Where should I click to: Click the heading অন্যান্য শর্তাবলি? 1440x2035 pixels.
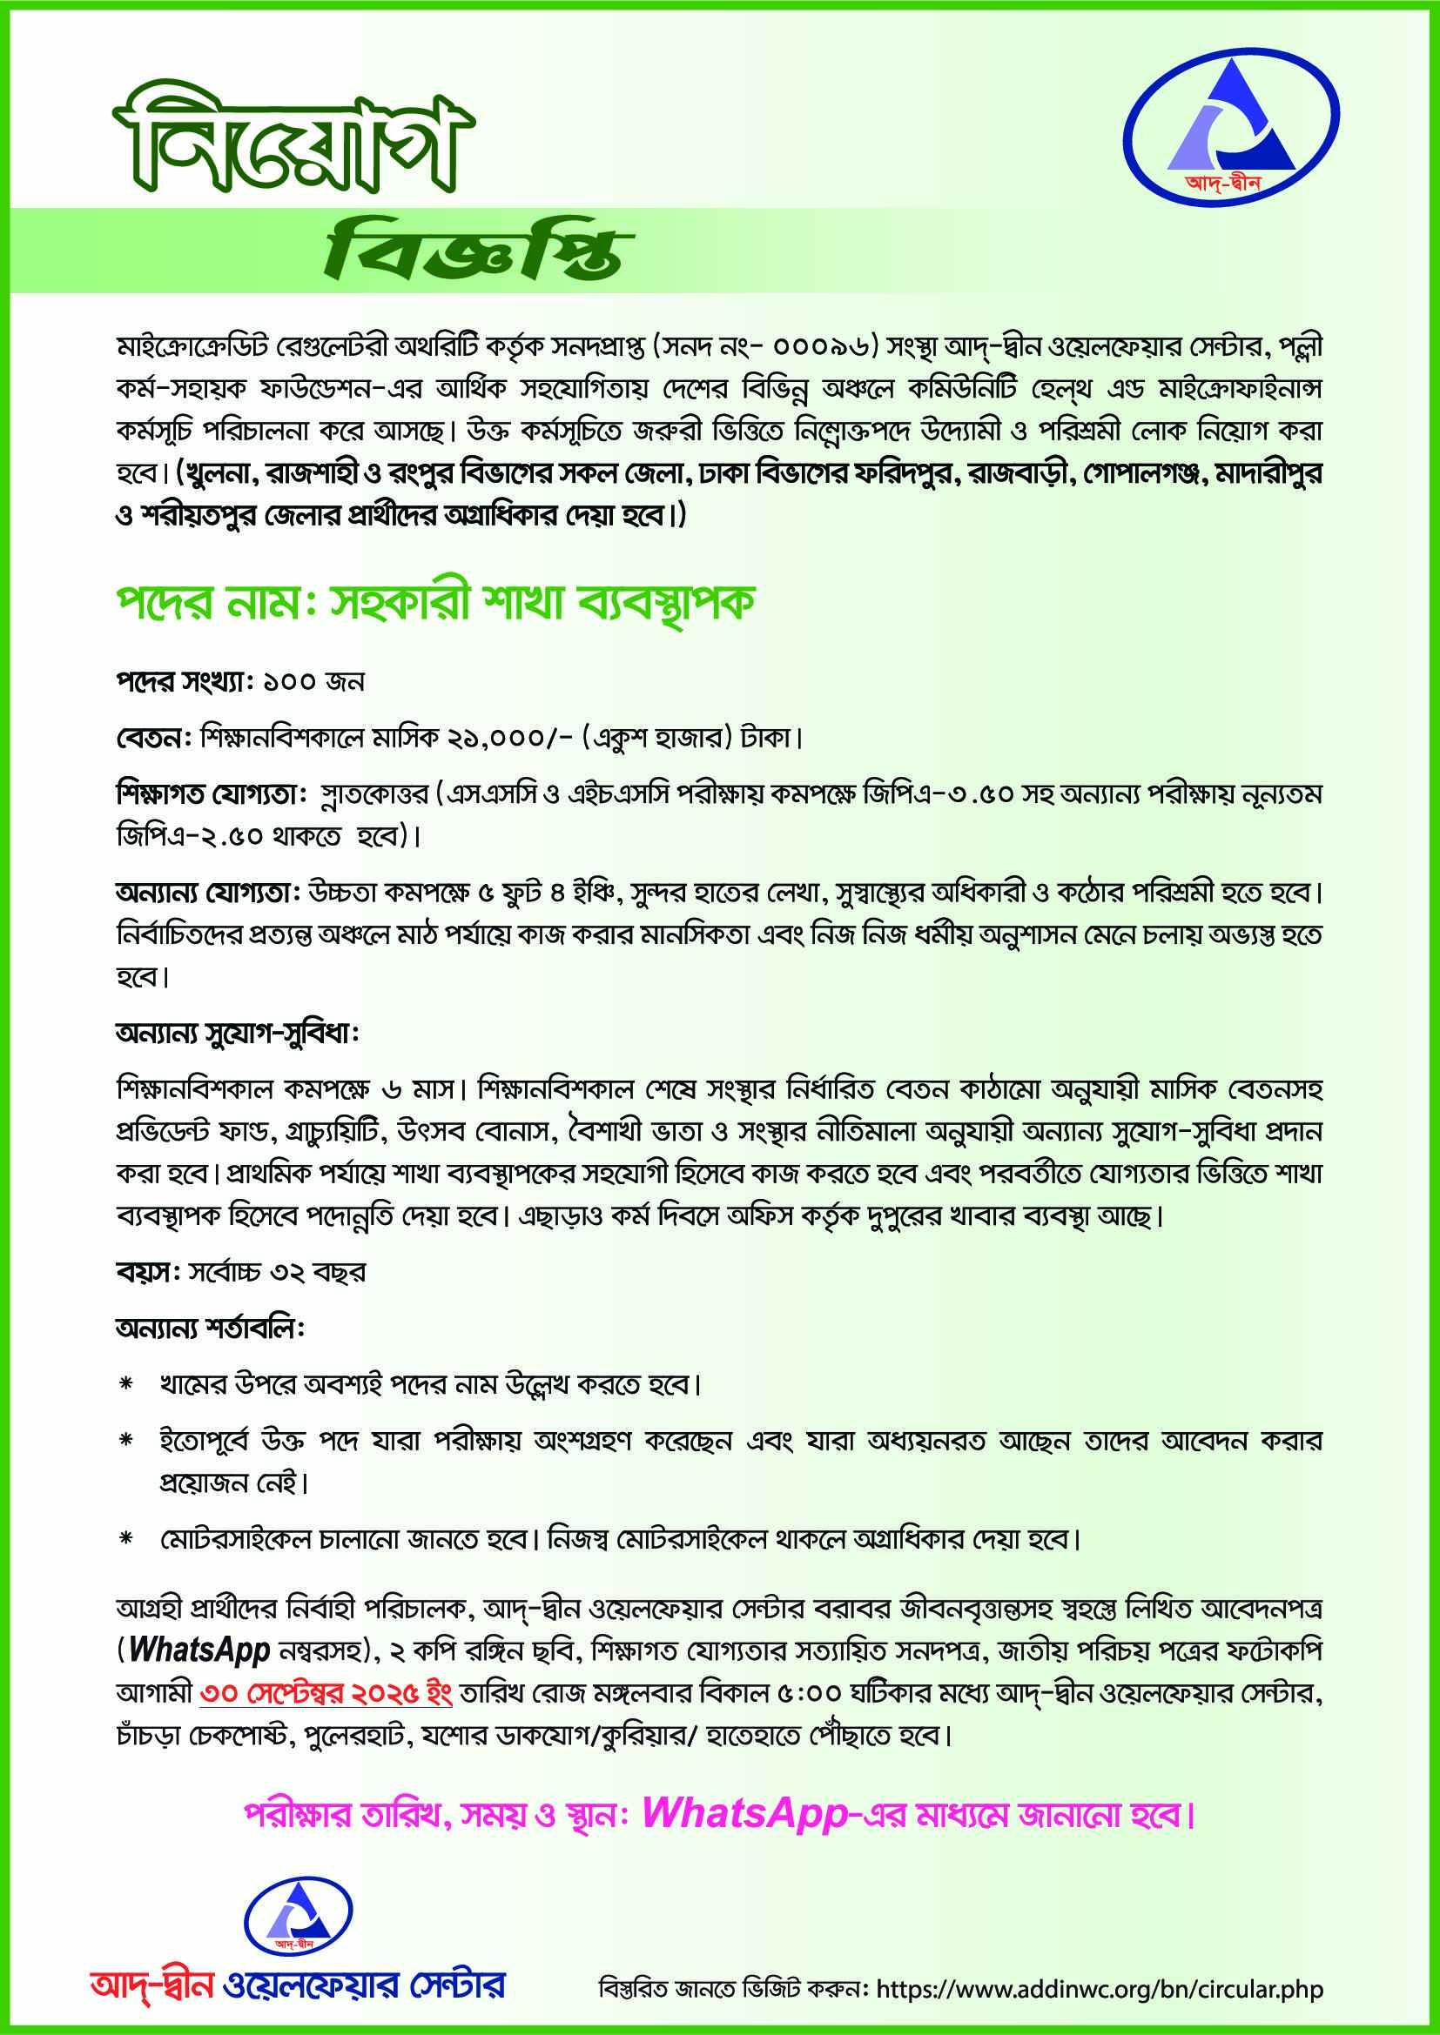[210, 1329]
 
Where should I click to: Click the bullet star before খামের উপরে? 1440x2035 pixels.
[126, 1384]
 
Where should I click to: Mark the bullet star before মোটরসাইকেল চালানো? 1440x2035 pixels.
[126, 1540]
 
